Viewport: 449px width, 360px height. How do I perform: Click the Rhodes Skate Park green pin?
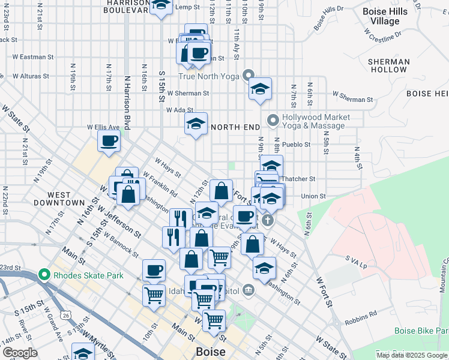43,275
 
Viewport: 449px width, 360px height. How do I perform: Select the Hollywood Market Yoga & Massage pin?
273,121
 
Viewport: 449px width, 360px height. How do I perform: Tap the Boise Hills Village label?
385,16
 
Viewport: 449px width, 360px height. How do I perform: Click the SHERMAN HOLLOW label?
388,65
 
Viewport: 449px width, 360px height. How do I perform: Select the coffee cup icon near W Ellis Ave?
109,142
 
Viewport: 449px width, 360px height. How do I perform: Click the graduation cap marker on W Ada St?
196,124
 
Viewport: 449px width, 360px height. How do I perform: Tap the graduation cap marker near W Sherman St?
260,89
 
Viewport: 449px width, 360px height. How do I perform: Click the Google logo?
20,352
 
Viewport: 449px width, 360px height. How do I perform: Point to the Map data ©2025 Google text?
412,355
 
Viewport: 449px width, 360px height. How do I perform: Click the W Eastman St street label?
33,57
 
